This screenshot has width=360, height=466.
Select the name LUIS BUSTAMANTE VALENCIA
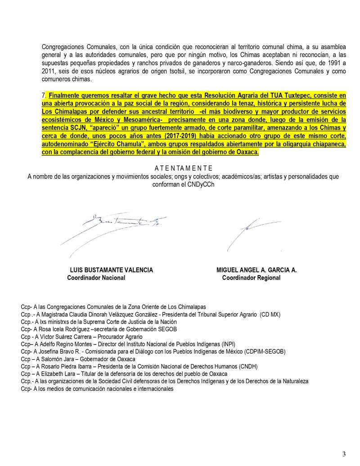[x=112, y=270]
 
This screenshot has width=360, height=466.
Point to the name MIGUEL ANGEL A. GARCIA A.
[x=256, y=270]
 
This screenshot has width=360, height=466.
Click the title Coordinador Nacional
[x=96, y=278]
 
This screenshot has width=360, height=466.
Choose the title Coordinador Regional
[x=251, y=278]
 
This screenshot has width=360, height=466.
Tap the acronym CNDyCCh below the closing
[x=195, y=184]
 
